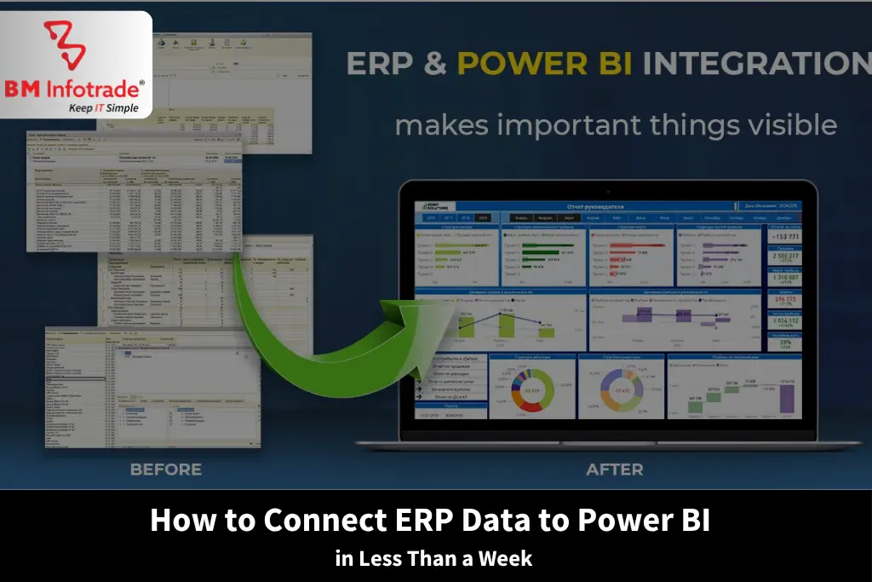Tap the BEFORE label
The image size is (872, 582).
[x=165, y=470]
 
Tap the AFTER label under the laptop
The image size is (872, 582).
[x=615, y=470]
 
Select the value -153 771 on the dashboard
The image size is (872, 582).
[x=784, y=237]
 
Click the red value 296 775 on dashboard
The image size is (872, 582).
[x=784, y=301]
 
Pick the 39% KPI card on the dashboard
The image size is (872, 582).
[x=784, y=343]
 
